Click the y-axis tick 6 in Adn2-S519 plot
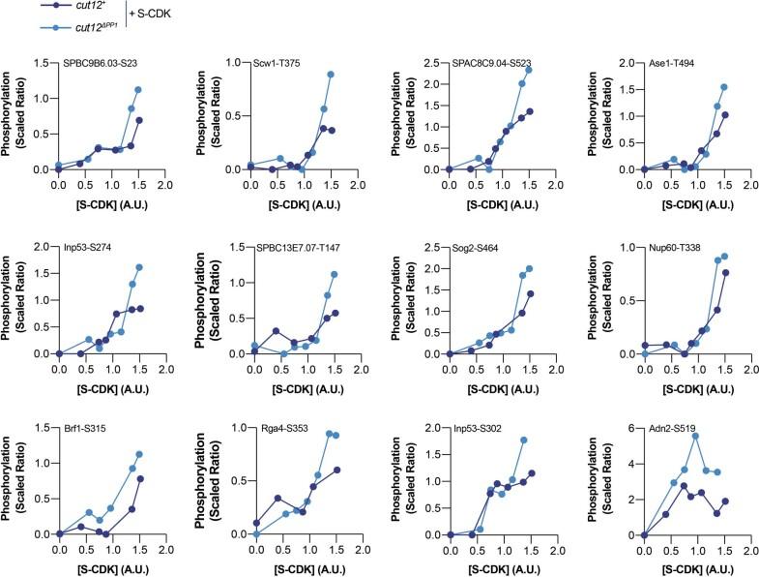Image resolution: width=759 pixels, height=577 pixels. pos(631,427)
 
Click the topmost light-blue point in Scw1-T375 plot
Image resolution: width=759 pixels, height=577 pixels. pos(331,74)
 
